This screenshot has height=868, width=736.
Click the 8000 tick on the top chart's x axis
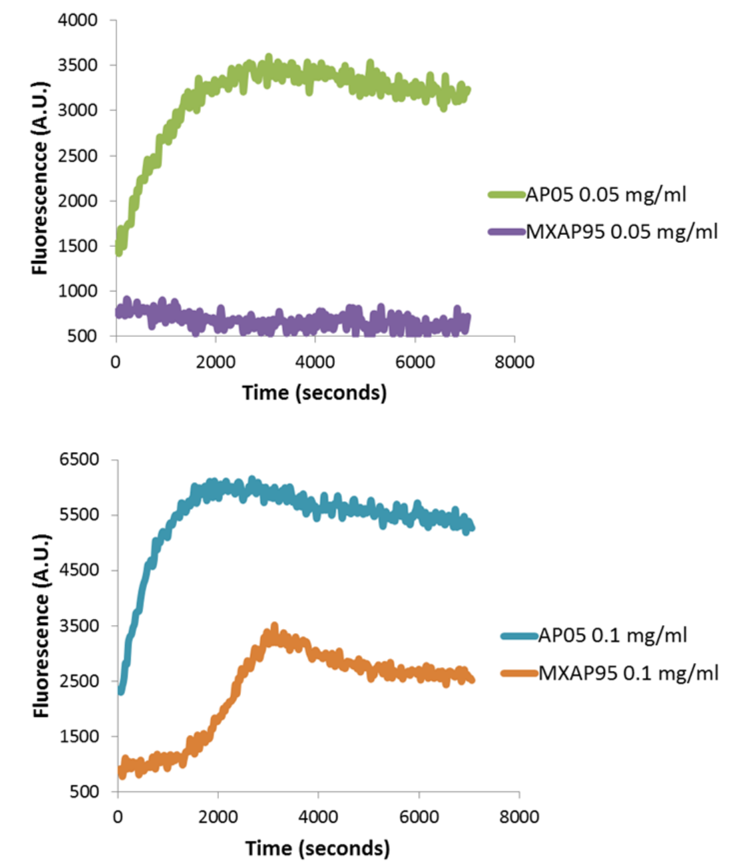tap(514, 362)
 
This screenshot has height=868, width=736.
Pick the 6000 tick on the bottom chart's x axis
tap(419, 817)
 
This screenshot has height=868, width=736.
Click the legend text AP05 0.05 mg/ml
tap(606, 194)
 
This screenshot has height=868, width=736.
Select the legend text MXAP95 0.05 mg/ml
tap(622, 232)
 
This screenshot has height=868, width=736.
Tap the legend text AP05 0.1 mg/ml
tap(612, 635)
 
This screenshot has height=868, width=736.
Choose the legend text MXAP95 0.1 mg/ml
tap(628, 673)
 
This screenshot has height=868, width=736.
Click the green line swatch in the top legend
tap(506, 195)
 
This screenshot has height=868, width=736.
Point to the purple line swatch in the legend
tap(506, 232)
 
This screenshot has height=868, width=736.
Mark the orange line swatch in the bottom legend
tap(519, 673)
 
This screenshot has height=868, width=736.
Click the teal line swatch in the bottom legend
tap(519, 636)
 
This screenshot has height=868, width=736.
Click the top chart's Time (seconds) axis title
tap(314, 393)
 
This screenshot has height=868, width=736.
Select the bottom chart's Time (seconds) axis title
tap(317, 848)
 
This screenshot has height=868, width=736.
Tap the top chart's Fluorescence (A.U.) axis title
tap(41, 178)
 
